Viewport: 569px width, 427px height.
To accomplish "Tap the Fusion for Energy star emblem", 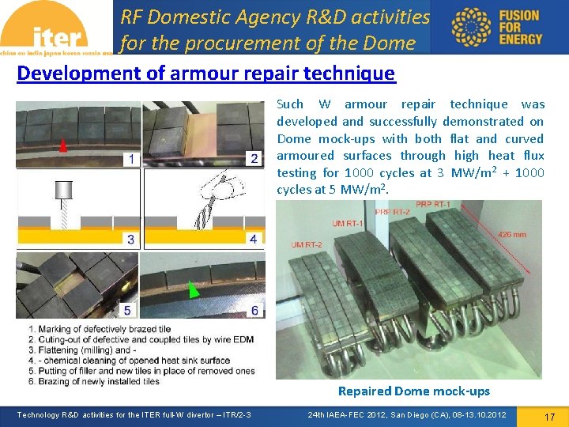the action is tap(471, 27).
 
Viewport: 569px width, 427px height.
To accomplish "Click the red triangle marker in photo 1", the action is tap(62, 145).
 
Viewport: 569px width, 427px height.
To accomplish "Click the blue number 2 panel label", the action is tap(254, 158).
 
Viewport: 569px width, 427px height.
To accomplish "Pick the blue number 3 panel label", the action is tap(130, 238).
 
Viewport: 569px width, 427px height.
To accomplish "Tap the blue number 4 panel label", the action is tap(253, 238).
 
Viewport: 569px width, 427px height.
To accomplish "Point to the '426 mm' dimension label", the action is tap(513, 234).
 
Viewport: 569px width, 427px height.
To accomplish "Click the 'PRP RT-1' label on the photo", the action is tap(433, 205).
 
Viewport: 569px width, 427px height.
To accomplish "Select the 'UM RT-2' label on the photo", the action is tap(307, 245).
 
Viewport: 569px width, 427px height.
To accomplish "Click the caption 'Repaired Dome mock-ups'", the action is tap(413, 391).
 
